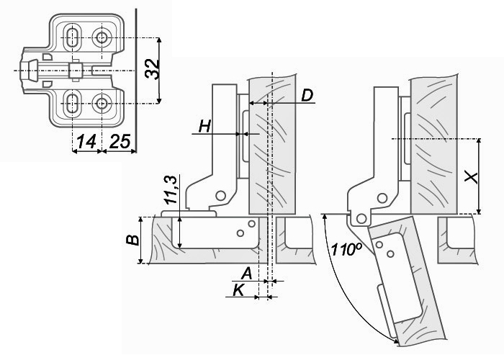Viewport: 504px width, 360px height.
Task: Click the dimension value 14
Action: click(86, 142)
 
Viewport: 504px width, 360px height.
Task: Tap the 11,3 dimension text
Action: click(171, 189)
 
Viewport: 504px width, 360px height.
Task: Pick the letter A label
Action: click(246, 274)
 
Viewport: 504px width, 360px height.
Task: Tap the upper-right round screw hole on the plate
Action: click(102, 37)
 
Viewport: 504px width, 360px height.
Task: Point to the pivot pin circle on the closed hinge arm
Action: click(221, 194)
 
